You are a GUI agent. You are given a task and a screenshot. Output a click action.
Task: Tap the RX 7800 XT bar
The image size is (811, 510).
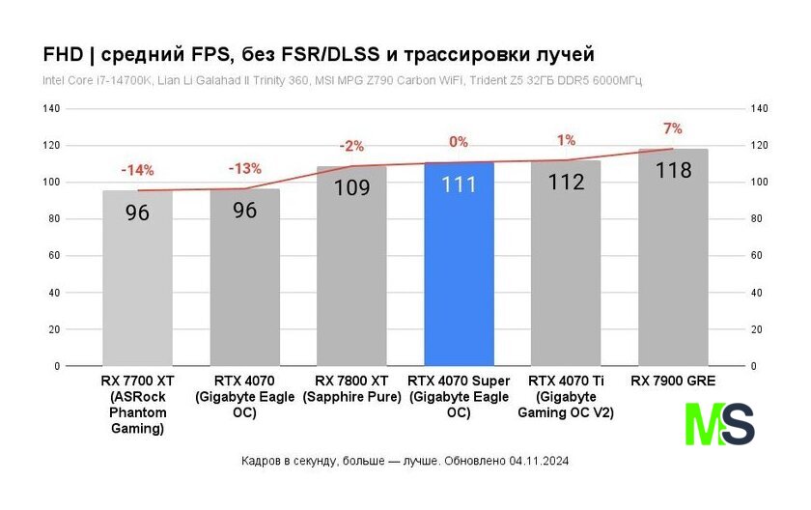[351, 280]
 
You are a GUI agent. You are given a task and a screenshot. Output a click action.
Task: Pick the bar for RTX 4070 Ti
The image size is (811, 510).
[566, 280]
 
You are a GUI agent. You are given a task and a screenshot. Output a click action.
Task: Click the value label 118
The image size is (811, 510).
[673, 170]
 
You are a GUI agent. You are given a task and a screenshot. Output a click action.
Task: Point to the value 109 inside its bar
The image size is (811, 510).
[351, 187]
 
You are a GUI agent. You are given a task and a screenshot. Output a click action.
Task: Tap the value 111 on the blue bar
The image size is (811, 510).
[459, 184]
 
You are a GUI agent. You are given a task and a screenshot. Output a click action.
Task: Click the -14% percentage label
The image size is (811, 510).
[137, 170]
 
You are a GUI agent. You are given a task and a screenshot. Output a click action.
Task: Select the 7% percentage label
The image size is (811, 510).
[672, 128]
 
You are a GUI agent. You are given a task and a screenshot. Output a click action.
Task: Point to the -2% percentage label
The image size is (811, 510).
[351, 146]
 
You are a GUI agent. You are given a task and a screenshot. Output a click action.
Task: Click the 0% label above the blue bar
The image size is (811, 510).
[459, 142]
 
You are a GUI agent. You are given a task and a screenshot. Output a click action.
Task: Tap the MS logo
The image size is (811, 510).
[719, 424]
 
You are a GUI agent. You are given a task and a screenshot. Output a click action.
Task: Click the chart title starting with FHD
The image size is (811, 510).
[319, 52]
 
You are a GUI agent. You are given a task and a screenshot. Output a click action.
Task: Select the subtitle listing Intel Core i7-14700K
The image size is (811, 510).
[342, 80]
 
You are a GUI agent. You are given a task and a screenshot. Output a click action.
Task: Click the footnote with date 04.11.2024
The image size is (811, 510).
[405, 461]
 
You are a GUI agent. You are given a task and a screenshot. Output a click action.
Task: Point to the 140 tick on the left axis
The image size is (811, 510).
[51, 109]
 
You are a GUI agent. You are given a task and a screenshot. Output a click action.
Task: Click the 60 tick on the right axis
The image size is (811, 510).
[758, 256]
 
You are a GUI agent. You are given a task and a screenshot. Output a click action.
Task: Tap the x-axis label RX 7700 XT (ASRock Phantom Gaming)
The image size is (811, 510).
[137, 404]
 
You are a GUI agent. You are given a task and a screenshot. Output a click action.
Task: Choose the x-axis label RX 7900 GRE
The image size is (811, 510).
[673, 382]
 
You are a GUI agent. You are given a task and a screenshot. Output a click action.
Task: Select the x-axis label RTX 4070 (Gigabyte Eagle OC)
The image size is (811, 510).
[244, 396]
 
